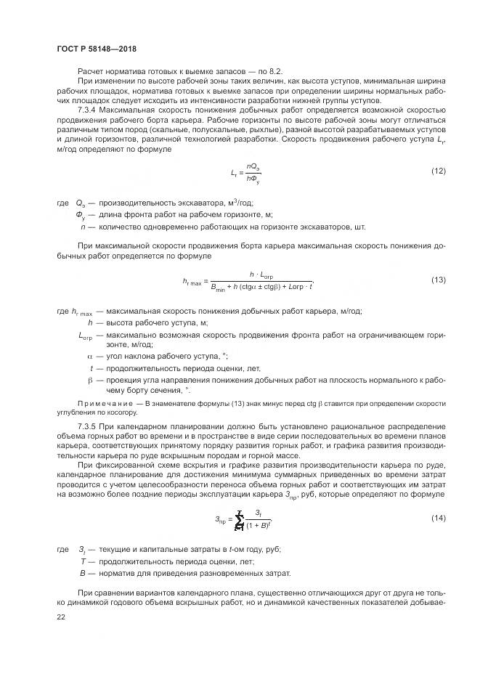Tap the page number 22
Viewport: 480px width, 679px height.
click(60, 616)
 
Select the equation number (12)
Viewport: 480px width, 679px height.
click(438, 171)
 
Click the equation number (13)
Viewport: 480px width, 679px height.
click(438, 280)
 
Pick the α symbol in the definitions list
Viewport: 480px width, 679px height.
click(91, 357)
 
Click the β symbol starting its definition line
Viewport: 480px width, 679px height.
click(91, 379)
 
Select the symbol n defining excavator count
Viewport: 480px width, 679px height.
click(84, 227)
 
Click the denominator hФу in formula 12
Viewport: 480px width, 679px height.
click(253, 178)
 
